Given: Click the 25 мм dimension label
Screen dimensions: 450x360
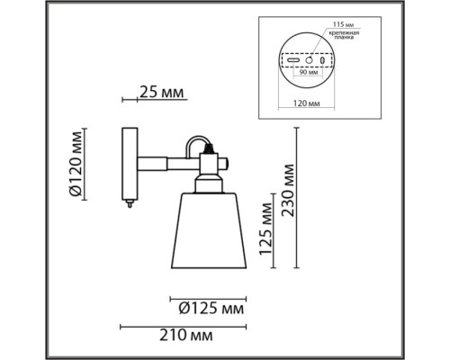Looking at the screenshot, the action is click(161, 93).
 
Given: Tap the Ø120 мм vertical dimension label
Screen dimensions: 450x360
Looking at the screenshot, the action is click(76, 164).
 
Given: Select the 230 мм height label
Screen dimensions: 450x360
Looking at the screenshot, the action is click(288, 190).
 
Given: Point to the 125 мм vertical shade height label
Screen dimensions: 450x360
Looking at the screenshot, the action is click(266, 229).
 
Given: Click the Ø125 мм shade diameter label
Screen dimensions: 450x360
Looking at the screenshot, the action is click(211, 309).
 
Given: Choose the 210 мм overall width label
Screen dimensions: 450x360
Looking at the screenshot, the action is click(186, 335).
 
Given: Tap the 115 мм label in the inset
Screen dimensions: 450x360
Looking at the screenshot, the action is click(342, 24).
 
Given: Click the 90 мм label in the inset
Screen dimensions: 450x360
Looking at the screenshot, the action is click(309, 73).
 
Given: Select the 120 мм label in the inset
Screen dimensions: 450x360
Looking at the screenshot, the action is click(306, 103).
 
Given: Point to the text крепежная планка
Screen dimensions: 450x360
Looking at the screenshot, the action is click(344, 35).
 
